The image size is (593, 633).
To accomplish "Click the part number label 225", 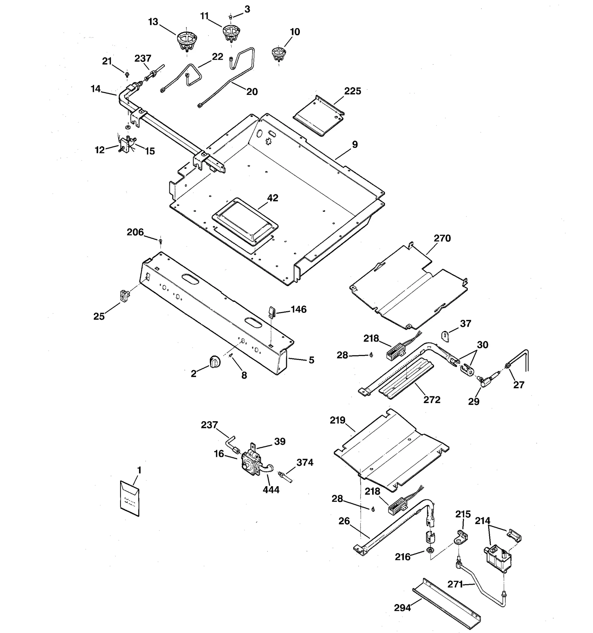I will (352, 91).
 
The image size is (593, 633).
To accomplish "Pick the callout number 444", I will (271, 490).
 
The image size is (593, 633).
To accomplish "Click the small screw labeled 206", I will (160, 241).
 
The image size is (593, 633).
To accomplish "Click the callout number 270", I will (442, 238).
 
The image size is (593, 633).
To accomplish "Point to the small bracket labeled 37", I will (445, 336).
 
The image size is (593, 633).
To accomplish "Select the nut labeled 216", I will (430, 550).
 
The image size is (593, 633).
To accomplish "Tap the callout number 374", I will (305, 462).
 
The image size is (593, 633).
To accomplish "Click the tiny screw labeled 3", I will (231, 17).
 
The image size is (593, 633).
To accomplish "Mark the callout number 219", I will (337, 421).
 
